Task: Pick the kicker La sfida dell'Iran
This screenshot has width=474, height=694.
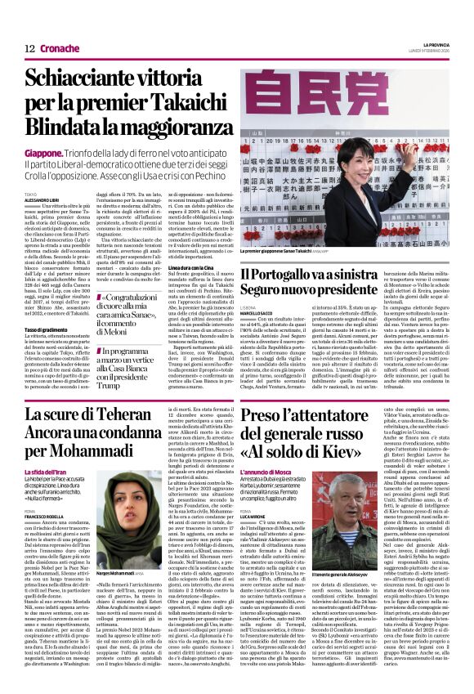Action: click(x=48, y=472)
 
